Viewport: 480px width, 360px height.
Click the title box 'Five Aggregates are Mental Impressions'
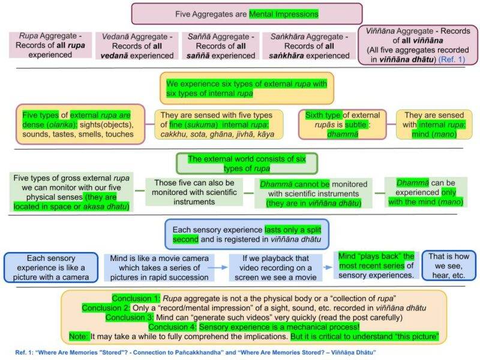[247, 13]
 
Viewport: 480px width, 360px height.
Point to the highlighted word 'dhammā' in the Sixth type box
[342, 134]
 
